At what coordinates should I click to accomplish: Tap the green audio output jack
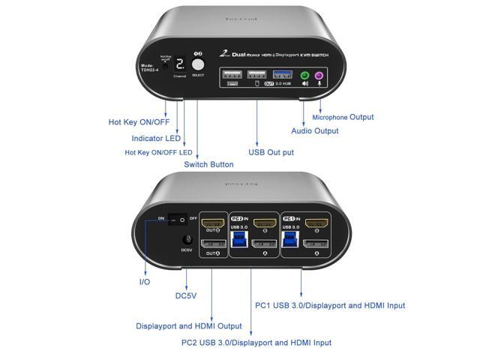click(304, 76)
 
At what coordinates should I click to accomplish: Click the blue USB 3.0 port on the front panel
click(280, 75)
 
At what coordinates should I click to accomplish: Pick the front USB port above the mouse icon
click(256, 75)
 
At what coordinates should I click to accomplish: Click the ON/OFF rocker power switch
click(176, 219)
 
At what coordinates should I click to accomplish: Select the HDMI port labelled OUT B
click(214, 222)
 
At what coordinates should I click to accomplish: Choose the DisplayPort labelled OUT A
click(214, 245)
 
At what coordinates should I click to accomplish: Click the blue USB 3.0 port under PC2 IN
click(240, 240)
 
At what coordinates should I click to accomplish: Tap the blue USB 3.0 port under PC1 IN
click(290, 240)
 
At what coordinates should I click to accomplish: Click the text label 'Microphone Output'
click(343, 117)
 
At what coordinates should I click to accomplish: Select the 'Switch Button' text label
click(208, 164)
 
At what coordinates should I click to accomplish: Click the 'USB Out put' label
click(271, 153)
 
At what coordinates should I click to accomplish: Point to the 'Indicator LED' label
click(157, 138)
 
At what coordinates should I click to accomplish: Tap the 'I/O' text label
click(144, 281)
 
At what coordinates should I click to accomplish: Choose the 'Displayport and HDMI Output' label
click(188, 326)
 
